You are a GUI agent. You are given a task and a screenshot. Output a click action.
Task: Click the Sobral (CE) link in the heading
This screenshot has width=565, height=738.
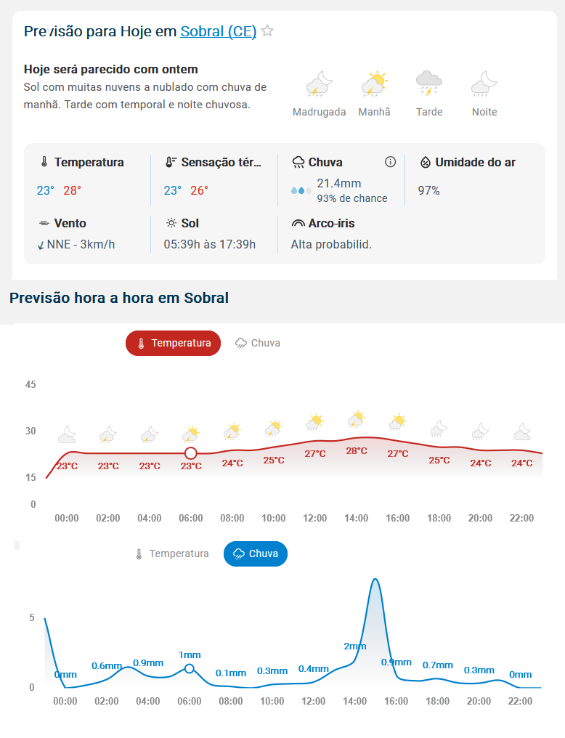click(x=218, y=31)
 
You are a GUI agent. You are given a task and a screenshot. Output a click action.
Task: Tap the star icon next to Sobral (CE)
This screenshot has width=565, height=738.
click(x=267, y=31)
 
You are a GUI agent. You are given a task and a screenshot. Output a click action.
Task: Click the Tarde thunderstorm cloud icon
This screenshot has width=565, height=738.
click(x=429, y=83)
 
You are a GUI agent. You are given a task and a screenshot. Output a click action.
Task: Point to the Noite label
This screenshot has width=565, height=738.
click(x=484, y=112)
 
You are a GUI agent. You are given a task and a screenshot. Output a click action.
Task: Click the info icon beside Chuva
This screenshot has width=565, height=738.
click(x=390, y=162)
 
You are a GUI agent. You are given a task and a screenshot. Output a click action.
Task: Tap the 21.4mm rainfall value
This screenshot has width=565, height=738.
click(x=338, y=183)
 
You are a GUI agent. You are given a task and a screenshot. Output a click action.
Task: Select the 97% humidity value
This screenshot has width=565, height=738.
click(x=428, y=190)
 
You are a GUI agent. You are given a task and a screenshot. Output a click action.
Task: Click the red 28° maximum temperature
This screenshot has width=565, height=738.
click(x=72, y=190)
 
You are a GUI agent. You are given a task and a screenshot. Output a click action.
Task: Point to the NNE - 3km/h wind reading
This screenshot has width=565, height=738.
click(x=81, y=244)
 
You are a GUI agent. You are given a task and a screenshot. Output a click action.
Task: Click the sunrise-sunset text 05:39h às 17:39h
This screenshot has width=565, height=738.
click(x=209, y=244)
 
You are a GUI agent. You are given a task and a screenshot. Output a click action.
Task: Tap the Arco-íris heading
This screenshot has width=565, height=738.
click(x=331, y=223)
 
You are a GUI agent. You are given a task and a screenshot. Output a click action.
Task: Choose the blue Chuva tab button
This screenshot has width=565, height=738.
click(x=255, y=553)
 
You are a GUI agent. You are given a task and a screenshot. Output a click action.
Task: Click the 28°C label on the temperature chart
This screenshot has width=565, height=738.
click(x=356, y=450)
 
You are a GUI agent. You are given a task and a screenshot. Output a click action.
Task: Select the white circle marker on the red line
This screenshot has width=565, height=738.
click(x=190, y=453)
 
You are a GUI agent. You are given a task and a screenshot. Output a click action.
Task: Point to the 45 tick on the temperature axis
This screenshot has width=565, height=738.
click(x=31, y=384)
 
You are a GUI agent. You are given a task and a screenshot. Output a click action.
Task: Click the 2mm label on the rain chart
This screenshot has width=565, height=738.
click(x=355, y=646)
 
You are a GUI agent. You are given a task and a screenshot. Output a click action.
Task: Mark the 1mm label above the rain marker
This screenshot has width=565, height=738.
click(x=190, y=654)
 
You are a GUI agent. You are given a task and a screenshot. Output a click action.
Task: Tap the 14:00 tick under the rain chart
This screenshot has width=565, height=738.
click(x=355, y=701)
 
